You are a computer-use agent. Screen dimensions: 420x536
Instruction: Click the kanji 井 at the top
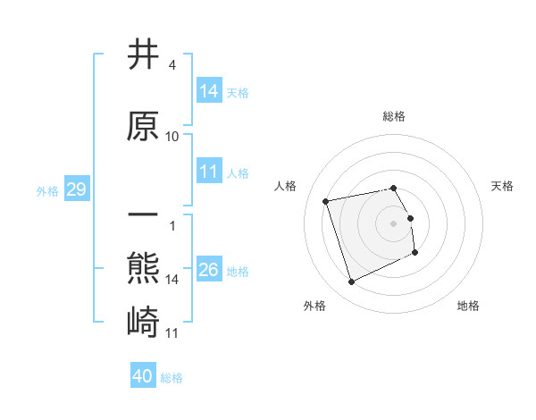144,56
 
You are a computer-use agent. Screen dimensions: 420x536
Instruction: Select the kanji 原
144,126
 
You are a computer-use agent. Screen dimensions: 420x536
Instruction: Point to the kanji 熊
144,269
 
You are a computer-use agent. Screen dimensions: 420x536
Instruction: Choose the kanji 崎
144,321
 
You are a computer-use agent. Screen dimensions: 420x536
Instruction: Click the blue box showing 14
209,90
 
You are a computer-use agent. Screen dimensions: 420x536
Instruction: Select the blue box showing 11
209,172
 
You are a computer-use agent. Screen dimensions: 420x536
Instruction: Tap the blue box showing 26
209,270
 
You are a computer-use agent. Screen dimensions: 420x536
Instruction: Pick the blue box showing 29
76,189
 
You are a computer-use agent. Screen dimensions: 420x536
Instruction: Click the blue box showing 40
143,376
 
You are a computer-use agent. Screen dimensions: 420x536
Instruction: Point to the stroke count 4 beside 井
172,66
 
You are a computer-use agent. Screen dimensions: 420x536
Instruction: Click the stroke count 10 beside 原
172,137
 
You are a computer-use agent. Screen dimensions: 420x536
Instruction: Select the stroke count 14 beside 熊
172,280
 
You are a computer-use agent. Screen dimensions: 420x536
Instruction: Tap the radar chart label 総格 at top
394,116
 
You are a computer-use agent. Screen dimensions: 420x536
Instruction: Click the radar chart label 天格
503,186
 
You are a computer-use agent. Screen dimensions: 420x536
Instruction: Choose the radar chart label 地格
468,306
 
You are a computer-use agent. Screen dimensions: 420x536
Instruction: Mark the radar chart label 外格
314,306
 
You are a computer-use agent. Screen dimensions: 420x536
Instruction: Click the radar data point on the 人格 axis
326,200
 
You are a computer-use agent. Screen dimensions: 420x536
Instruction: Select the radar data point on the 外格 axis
351,282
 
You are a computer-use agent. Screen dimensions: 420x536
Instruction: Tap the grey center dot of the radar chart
394,223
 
